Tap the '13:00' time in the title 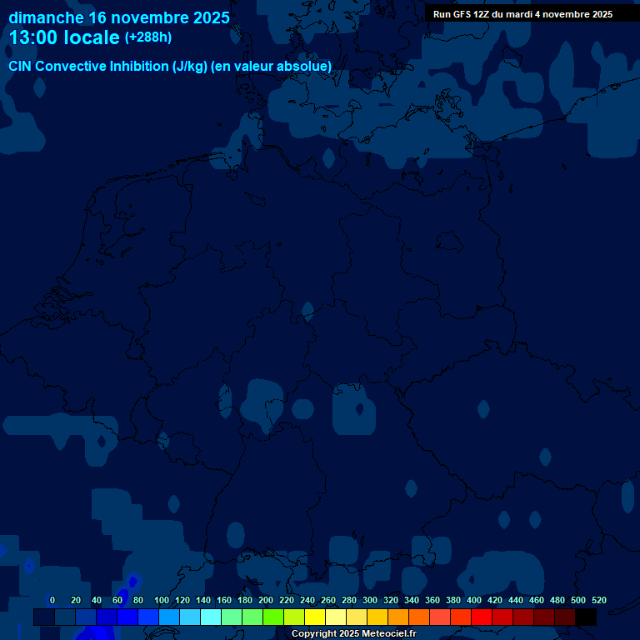[x=32, y=37]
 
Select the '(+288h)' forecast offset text [x=147, y=37]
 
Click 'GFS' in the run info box [x=463, y=14]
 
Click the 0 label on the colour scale [x=52, y=600]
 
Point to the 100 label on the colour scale [x=162, y=600]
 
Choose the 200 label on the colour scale [x=266, y=600]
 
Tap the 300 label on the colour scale [x=370, y=600]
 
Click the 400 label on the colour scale [x=474, y=600]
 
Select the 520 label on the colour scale [x=598, y=600]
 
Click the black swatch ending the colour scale [x=586, y=617]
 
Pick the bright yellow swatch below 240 [x=315, y=617]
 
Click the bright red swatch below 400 [x=482, y=617]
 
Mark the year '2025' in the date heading [x=209, y=17]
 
